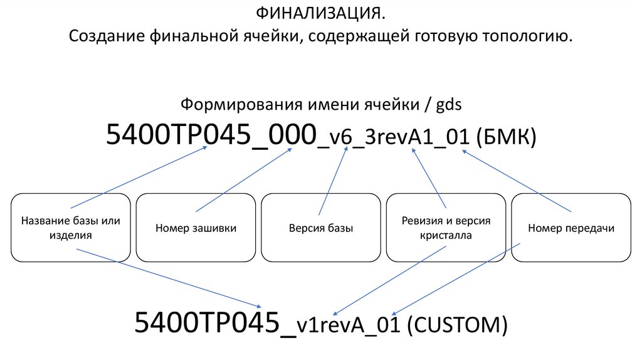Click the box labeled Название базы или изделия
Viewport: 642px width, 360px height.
(70, 228)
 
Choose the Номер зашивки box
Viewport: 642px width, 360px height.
(196, 228)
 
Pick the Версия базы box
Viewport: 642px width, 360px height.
(321, 228)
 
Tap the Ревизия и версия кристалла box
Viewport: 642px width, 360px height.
(446, 228)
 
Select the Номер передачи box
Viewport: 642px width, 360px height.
(571, 228)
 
